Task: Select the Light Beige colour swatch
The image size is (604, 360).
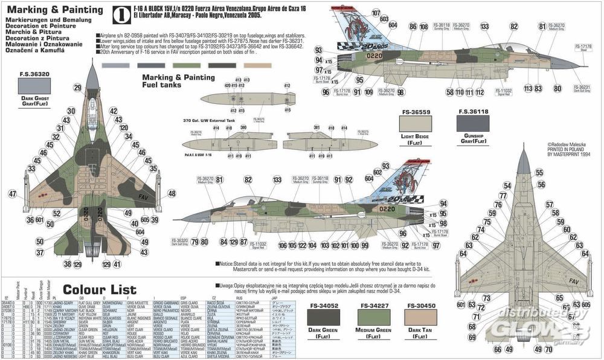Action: click(x=422, y=124)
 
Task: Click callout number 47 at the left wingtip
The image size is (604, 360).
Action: click(x=12, y=194)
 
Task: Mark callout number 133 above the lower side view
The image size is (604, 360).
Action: click(x=277, y=180)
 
